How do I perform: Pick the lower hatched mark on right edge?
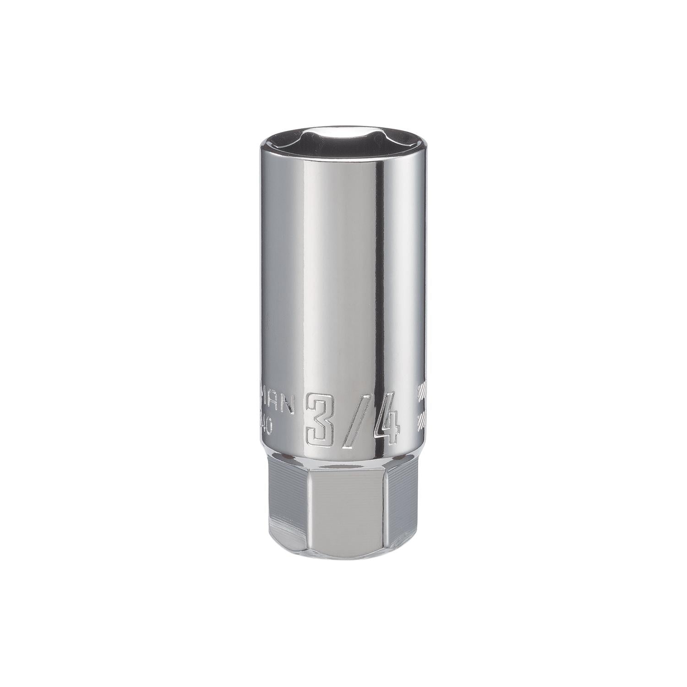(x=421, y=418)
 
